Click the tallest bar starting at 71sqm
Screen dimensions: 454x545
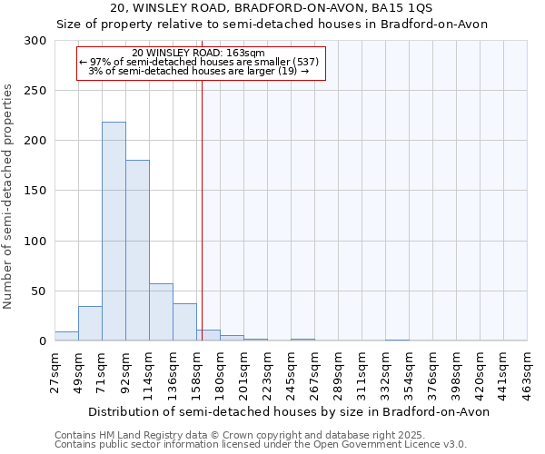pyautogui.click(x=114, y=232)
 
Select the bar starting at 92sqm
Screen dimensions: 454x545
pyautogui.click(x=137, y=251)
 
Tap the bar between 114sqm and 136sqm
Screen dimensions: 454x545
pyautogui.click(x=161, y=312)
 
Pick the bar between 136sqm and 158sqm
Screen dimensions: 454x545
pyautogui.click(x=184, y=322)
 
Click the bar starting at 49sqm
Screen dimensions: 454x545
pyautogui.click(x=90, y=323)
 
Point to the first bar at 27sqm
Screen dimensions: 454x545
pyautogui.click(x=66, y=336)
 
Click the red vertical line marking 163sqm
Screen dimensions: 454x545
pyautogui.click(x=202, y=209)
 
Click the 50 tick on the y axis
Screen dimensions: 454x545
pyautogui.click(x=40, y=291)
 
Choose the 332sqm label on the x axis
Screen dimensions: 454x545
pyautogui.click(x=385, y=372)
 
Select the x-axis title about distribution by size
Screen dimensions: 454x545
pyautogui.click(x=291, y=411)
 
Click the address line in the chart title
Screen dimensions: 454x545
pyautogui.click(x=272, y=7)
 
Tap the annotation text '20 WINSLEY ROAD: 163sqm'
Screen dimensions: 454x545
pyautogui.click(x=198, y=53)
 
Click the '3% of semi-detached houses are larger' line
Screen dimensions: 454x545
pyautogui.click(x=198, y=71)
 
